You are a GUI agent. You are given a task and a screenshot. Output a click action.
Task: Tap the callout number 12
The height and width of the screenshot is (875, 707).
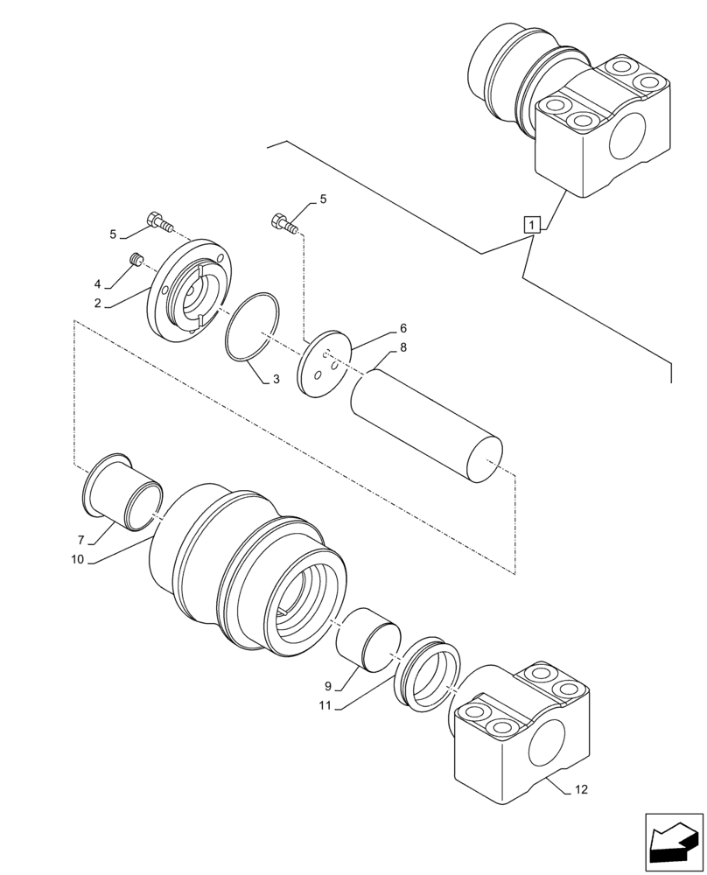click(x=582, y=789)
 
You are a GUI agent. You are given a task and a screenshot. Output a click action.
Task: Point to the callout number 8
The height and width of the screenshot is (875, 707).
click(x=403, y=346)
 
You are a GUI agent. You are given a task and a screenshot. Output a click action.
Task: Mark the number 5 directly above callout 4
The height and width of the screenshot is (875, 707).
click(x=114, y=234)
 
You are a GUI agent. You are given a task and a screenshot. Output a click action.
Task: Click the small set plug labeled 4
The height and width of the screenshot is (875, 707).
click(x=136, y=259)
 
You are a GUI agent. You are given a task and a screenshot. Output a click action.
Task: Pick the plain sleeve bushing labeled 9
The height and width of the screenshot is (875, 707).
click(x=368, y=641)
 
